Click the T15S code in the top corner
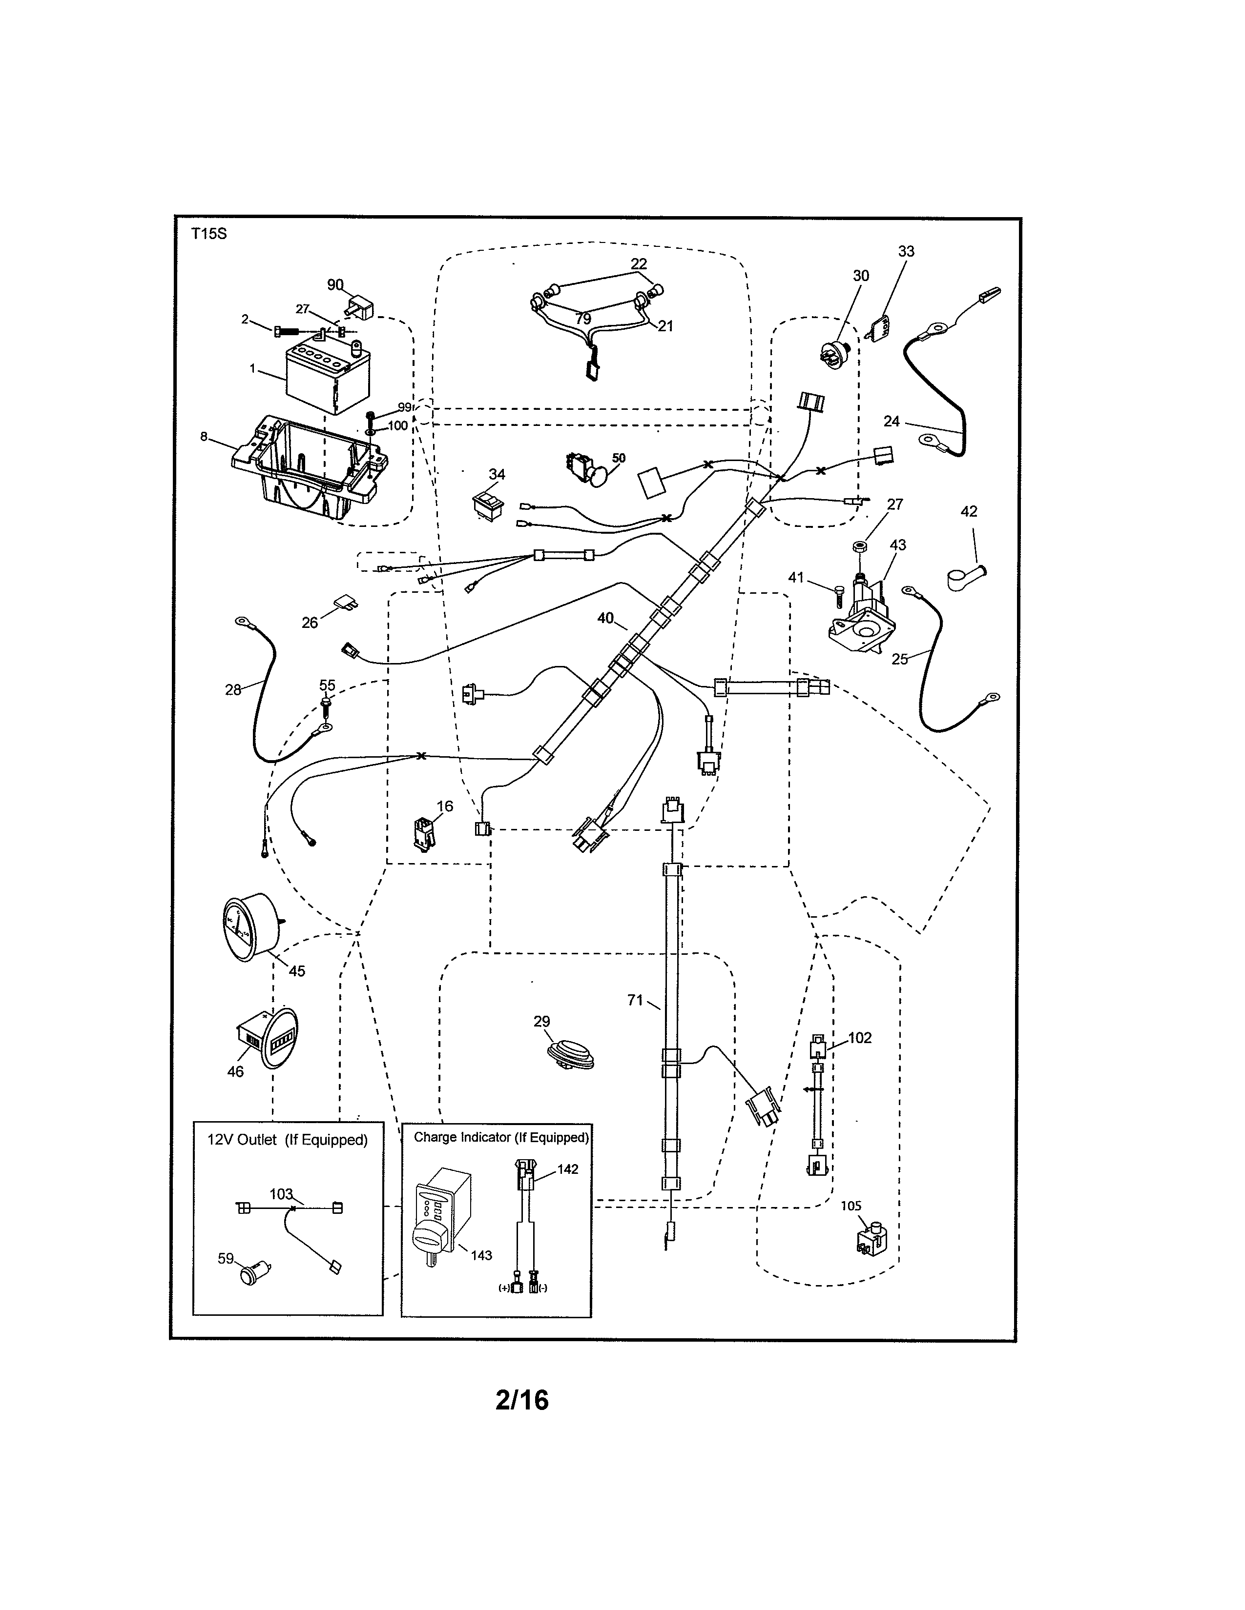(x=209, y=234)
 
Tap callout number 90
(x=335, y=284)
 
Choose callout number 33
(x=906, y=251)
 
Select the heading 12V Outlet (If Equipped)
(x=287, y=1140)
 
